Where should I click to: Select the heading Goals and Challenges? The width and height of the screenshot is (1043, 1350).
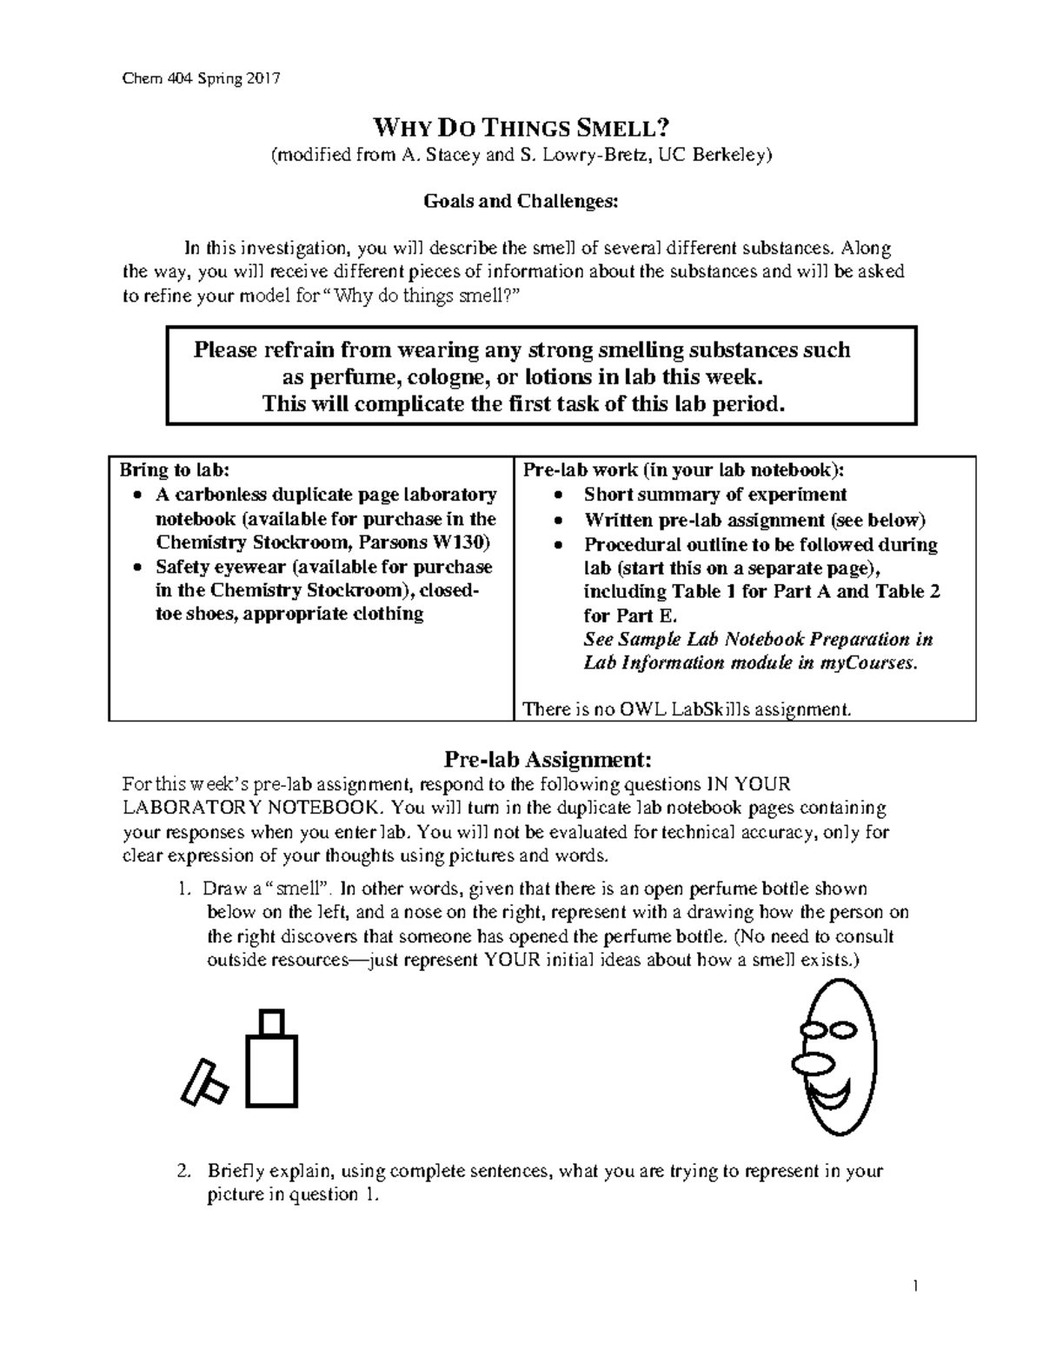click(x=521, y=202)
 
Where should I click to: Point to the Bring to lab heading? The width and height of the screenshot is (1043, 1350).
click(x=175, y=470)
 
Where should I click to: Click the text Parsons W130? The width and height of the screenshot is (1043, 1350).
click(x=435, y=542)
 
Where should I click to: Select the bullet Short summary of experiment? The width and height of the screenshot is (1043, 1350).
click(x=714, y=495)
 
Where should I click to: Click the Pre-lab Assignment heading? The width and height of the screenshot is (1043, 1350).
click(x=547, y=759)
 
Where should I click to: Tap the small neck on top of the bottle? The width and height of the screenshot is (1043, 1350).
click(x=273, y=1021)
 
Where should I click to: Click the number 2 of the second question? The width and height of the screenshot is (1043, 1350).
click(x=183, y=1170)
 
